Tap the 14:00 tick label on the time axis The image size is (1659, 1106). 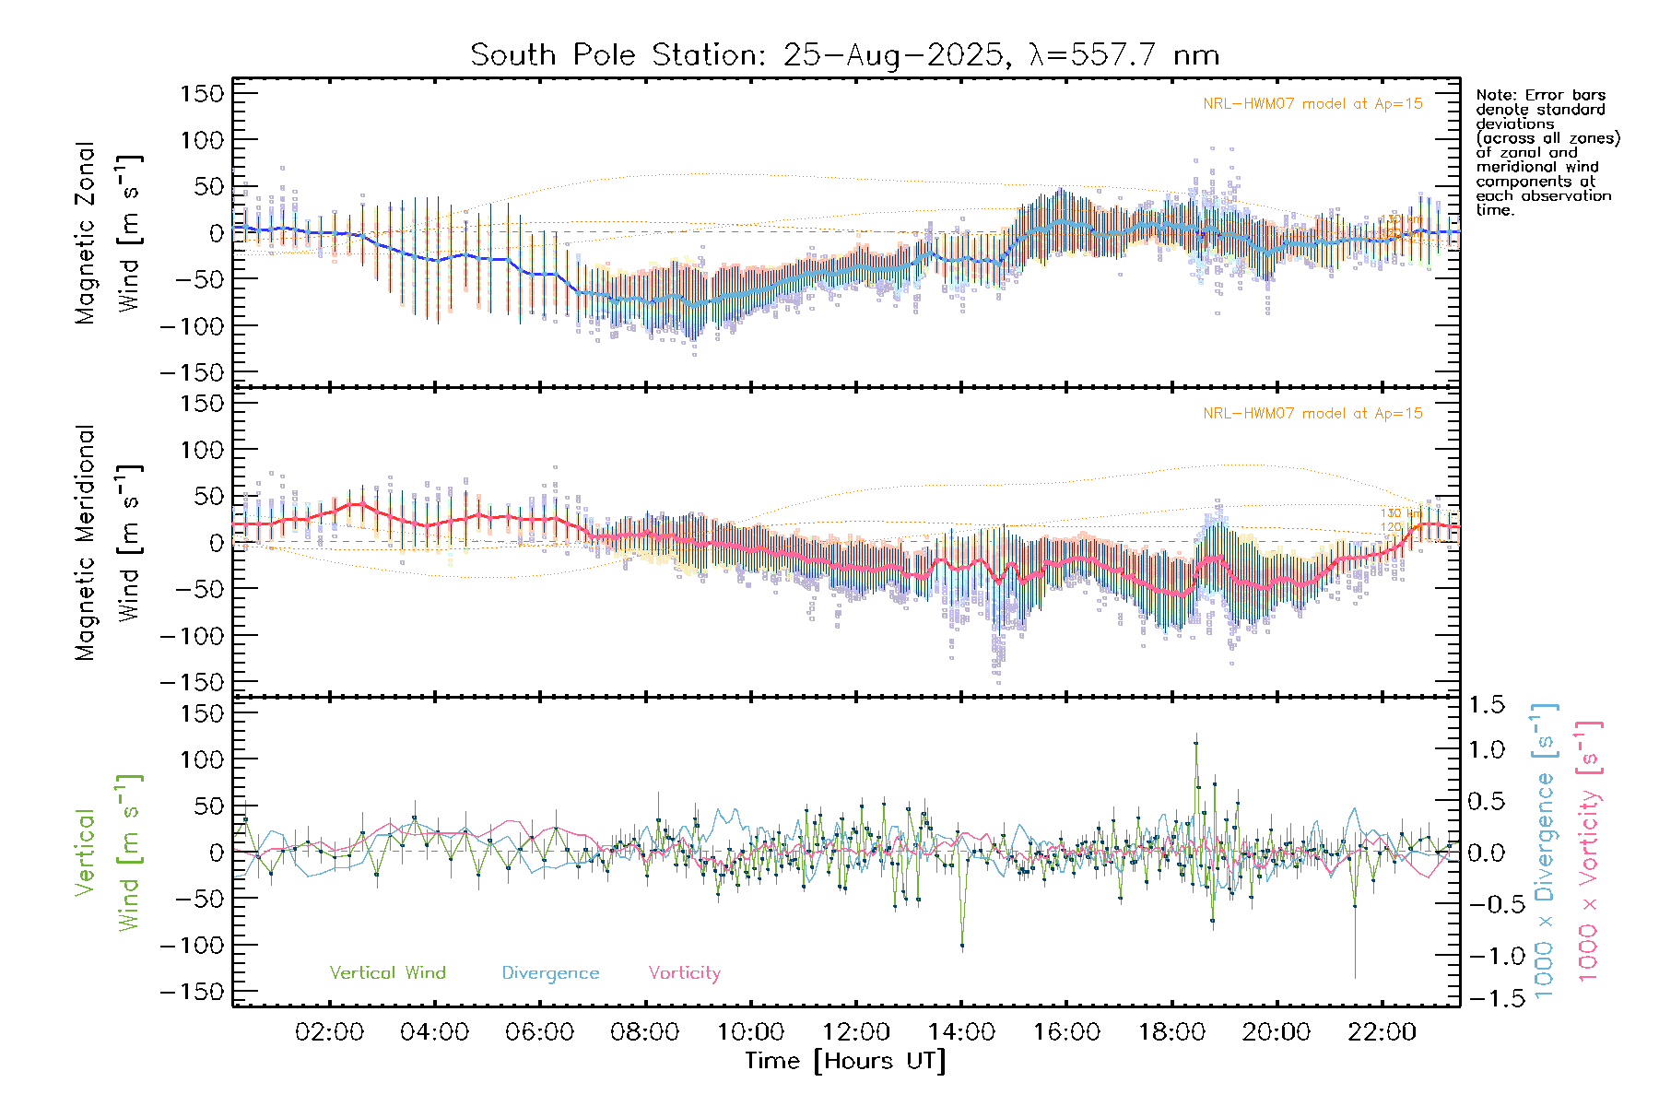961,1032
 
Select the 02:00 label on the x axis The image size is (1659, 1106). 329,1032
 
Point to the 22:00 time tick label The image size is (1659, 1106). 1382,1032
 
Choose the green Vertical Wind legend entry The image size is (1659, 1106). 387,973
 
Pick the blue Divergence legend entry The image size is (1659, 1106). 550,973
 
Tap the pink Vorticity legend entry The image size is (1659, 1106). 684,973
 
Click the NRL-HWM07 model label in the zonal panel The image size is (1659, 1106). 1312,104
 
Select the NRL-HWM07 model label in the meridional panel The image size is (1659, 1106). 1312,414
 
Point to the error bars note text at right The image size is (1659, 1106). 1547,152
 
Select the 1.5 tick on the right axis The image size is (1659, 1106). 1487,705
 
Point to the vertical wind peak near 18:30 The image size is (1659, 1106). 1196,743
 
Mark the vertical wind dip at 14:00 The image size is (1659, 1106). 962,945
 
